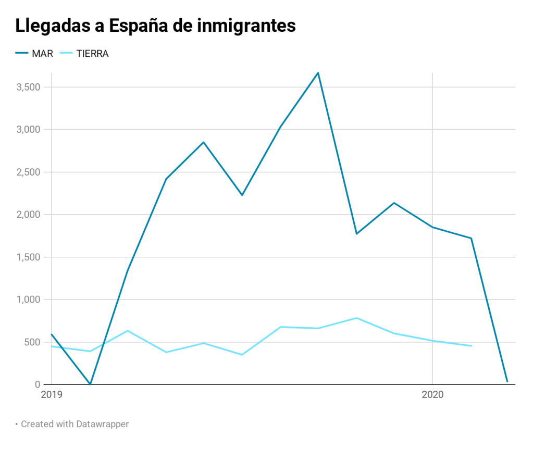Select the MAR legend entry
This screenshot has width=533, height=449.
[42, 53]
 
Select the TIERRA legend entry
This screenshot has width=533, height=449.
[92, 53]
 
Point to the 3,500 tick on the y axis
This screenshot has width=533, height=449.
[29, 87]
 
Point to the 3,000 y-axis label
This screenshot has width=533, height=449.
[29, 129]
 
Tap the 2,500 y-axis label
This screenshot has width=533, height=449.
[29, 172]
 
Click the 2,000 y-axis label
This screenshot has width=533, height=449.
[29, 215]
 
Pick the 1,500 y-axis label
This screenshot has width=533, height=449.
[29, 257]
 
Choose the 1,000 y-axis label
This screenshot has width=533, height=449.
[29, 300]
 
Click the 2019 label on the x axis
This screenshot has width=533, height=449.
[51, 395]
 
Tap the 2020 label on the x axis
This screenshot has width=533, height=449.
[432, 395]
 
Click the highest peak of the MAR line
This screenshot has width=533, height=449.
[318, 73]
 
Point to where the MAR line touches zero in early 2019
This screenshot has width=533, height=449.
[90, 384]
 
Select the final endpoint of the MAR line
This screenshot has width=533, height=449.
[507, 381]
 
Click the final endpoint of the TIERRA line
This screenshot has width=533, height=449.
[471, 346]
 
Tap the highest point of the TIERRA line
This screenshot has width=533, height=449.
[357, 318]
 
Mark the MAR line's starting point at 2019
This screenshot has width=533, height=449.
[52, 334]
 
